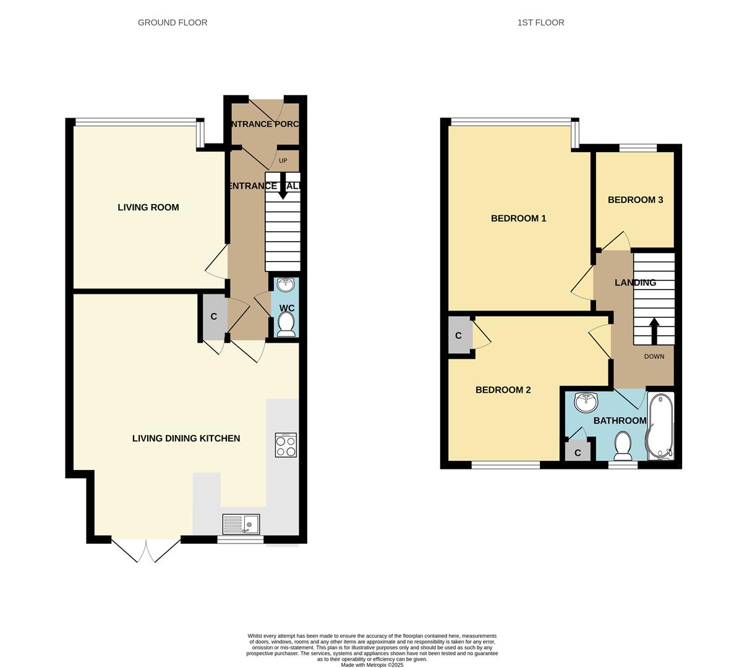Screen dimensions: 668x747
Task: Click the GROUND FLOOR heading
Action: tap(172, 22)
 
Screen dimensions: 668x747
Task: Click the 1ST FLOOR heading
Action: tap(540, 22)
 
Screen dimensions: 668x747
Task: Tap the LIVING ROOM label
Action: tap(148, 207)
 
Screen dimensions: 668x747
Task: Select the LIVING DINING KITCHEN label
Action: tap(186, 438)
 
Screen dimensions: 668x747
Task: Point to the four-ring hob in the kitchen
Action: tap(286, 445)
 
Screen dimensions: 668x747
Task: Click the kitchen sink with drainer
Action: tap(241, 525)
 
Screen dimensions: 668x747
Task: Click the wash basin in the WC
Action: tap(286, 285)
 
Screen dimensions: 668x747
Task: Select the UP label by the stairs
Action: tap(283, 161)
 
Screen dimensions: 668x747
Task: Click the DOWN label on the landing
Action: tap(654, 356)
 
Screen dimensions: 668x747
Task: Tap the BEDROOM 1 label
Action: tap(518, 218)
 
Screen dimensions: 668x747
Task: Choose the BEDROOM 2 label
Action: tap(503, 390)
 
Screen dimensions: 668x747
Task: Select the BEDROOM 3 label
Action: tap(635, 200)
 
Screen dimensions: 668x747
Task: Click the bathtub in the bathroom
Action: tap(660, 427)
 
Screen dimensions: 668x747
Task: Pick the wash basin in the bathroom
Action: tap(586, 403)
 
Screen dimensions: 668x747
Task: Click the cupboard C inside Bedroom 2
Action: tap(459, 336)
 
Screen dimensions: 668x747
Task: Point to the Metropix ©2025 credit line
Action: tap(372, 665)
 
